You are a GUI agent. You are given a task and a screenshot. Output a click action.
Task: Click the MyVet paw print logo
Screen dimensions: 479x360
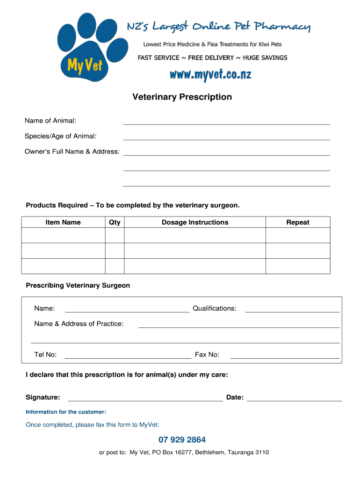[x=84, y=49]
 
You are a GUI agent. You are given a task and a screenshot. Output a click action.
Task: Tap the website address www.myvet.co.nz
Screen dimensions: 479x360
[x=210, y=74]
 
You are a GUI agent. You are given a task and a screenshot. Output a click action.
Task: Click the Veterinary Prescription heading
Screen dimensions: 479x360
[x=182, y=97]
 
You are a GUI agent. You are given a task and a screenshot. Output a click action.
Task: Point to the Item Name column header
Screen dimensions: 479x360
[x=63, y=222]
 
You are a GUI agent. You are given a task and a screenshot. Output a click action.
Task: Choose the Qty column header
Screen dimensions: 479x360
[x=115, y=222]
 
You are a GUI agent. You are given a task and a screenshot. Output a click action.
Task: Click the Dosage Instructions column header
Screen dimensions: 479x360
[x=195, y=222]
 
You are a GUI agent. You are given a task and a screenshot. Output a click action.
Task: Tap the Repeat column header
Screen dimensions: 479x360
[x=298, y=222]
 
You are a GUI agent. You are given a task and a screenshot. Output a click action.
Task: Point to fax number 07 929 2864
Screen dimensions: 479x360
[x=182, y=440]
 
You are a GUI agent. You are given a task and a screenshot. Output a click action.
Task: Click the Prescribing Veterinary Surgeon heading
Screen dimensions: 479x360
[x=78, y=285]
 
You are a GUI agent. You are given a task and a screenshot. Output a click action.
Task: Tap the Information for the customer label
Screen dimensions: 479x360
[x=66, y=412]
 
